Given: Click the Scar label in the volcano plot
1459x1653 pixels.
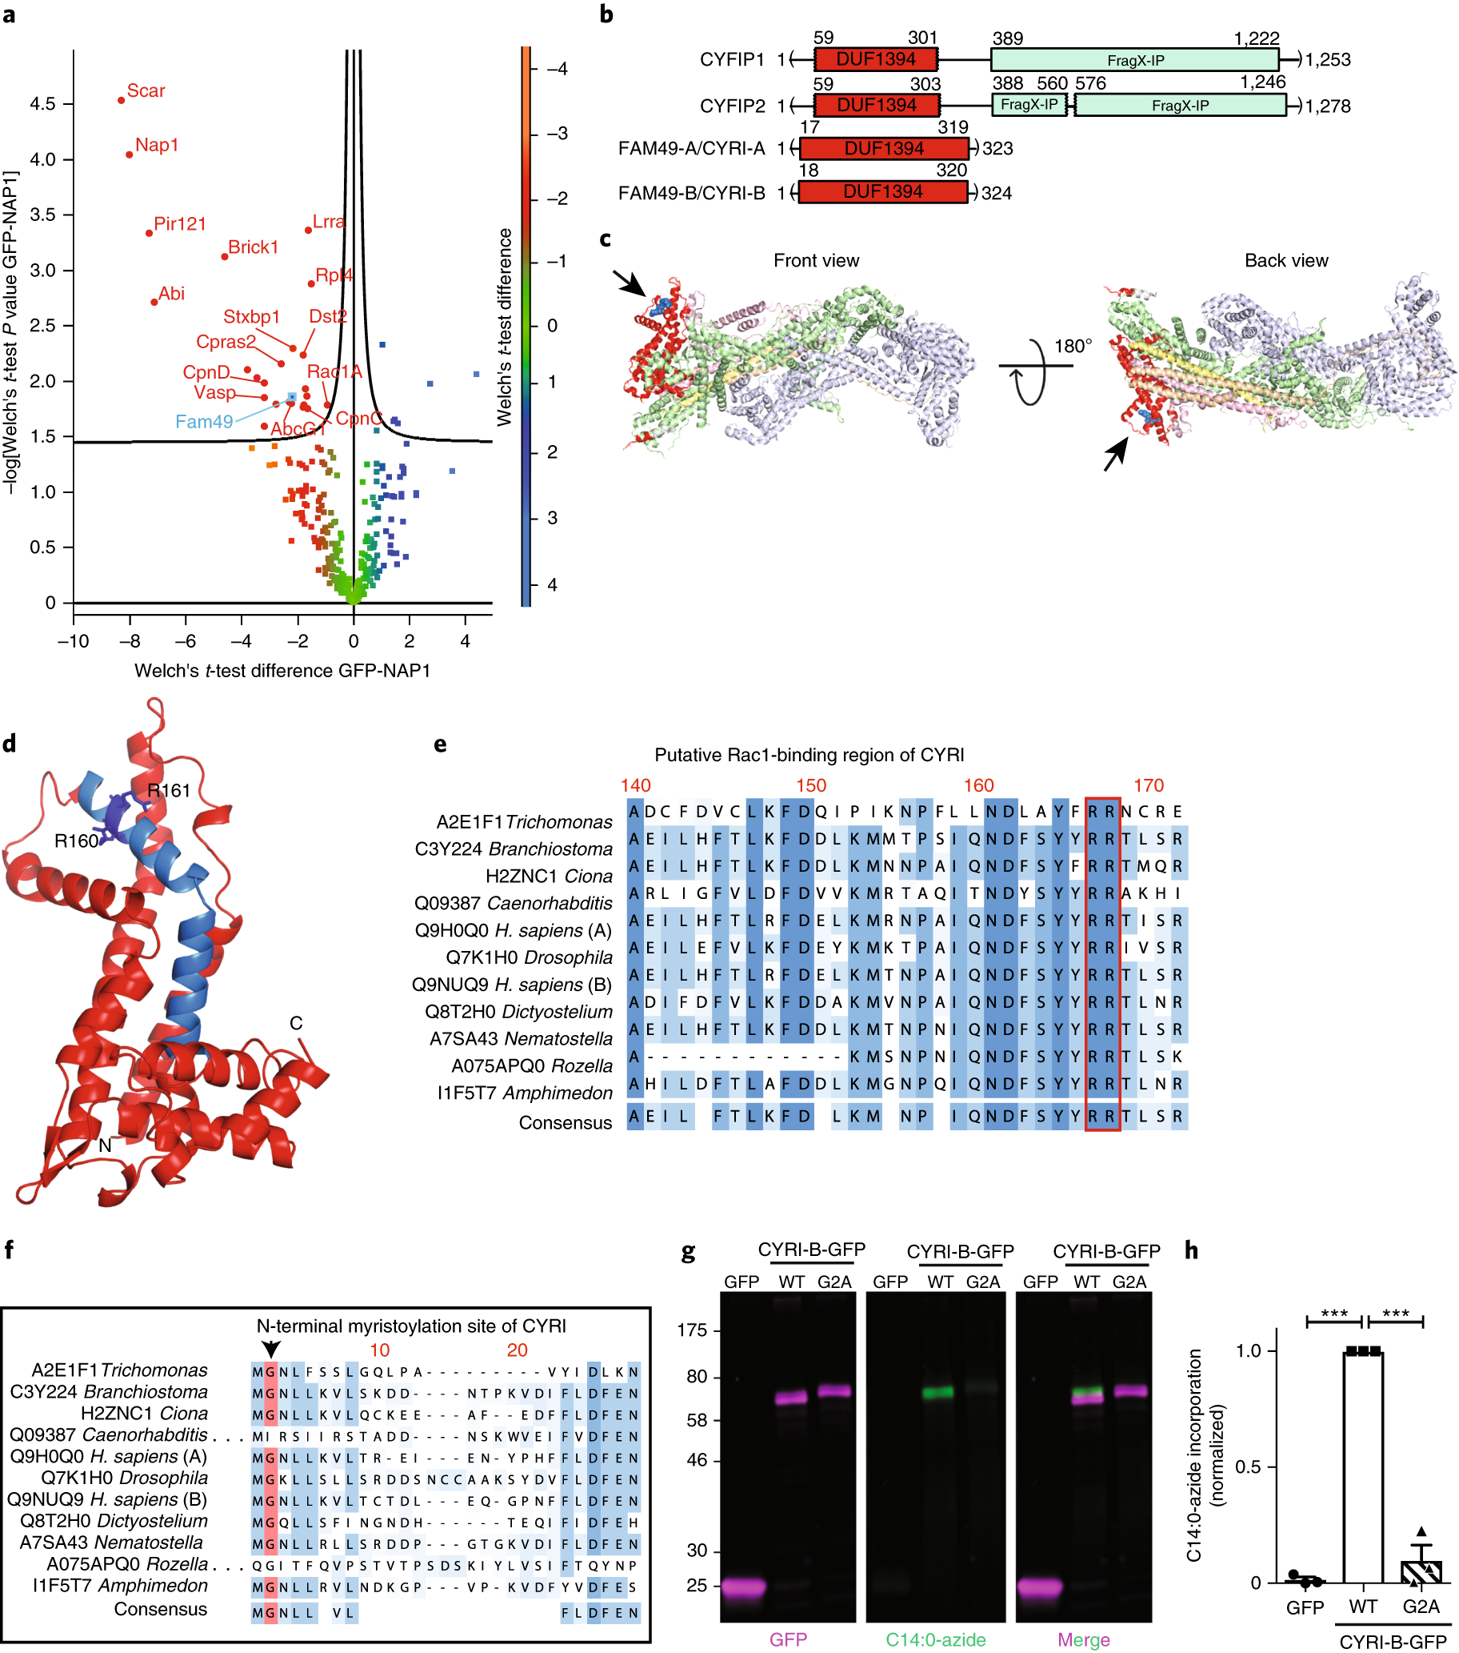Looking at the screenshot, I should pyautogui.click(x=146, y=90).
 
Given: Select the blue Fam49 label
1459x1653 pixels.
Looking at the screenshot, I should pyautogui.click(x=204, y=421).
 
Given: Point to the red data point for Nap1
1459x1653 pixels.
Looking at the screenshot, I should pyautogui.click(x=130, y=154).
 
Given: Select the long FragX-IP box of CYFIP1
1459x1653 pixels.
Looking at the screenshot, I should pyautogui.click(x=1134, y=60).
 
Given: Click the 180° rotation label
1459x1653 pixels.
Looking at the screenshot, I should pyautogui.click(x=1072, y=346).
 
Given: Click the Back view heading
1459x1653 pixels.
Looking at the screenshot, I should pyautogui.click(x=1285, y=260).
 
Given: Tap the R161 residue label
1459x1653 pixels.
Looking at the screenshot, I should pyautogui.click(x=168, y=790).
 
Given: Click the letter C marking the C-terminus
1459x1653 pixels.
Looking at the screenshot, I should pyautogui.click(x=296, y=1023).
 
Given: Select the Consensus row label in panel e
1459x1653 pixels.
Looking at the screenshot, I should pyautogui.click(x=565, y=1122).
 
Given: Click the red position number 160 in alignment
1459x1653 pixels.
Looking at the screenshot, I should pyautogui.click(x=978, y=785).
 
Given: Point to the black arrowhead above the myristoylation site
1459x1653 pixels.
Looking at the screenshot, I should pyautogui.click(x=271, y=1348).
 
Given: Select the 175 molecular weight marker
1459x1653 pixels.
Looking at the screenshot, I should pyautogui.click(x=692, y=1330).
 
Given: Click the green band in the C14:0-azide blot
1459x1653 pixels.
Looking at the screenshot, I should pyautogui.click(x=937, y=1392).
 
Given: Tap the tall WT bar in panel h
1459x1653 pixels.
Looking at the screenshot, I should pyautogui.click(x=1362, y=1465).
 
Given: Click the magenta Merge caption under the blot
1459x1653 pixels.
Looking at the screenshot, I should pyautogui.click(x=1083, y=1639).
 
